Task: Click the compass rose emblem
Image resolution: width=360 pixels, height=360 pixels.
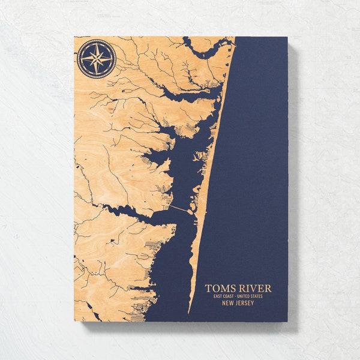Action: click(x=96, y=59)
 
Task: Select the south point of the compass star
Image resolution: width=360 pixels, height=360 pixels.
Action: click(x=96, y=74)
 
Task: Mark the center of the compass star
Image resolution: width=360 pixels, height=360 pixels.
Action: click(x=96, y=59)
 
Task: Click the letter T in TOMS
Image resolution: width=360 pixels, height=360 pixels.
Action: click(x=208, y=289)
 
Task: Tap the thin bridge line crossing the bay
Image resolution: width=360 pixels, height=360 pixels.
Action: click(x=178, y=208)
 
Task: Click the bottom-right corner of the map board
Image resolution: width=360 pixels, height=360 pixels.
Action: click(x=287, y=321)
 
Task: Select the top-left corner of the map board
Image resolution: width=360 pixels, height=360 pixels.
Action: click(x=74, y=37)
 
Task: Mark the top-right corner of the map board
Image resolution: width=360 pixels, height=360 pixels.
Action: click(x=287, y=37)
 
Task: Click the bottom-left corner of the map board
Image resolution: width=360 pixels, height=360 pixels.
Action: click(x=74, y=321)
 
